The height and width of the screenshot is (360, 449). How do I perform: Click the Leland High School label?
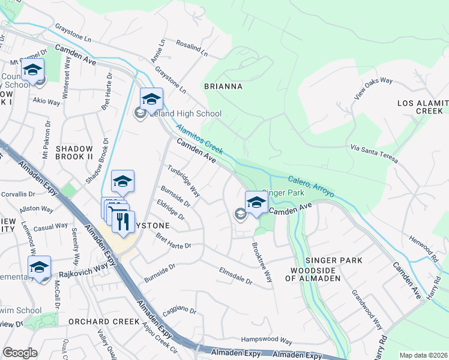coord(185,113)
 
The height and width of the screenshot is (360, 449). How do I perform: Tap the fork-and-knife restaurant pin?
coord(123,222)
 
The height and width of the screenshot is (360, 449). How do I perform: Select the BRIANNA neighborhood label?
coord(223,86)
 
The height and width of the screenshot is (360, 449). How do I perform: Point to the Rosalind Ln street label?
coord(191,47)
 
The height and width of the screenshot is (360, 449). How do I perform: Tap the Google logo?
coord(20,352)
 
